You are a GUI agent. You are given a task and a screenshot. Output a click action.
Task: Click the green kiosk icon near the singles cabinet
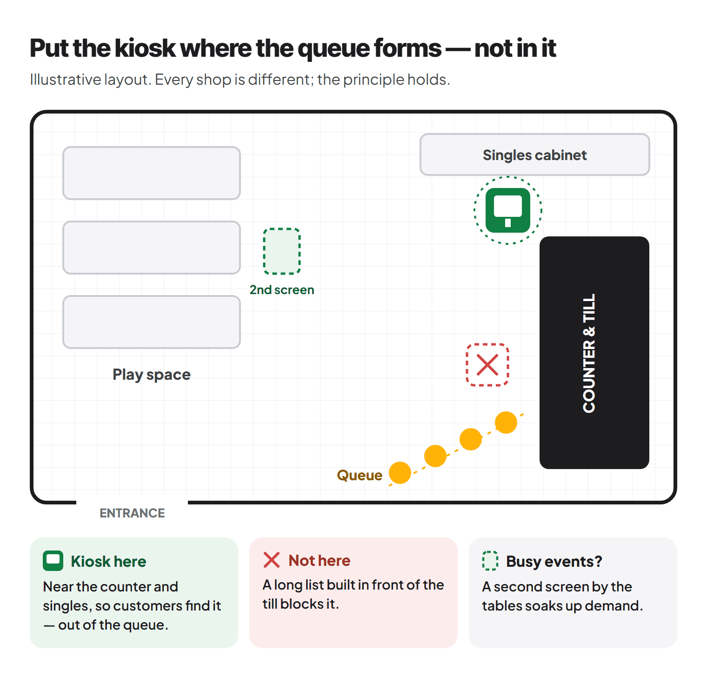point(508,210)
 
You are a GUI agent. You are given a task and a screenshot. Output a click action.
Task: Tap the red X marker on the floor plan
point(487,365)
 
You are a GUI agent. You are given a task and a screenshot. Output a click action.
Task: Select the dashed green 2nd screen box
point(282,251)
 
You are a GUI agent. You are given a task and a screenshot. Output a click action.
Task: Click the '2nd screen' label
point(282,290)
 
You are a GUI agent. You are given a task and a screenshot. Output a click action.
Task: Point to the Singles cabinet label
point(535,155)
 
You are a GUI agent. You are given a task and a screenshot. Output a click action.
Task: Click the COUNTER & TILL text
point(589,353)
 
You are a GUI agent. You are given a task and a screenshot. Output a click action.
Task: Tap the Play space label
point(152,375)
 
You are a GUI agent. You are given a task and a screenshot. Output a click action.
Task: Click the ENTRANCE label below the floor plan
point(132,513)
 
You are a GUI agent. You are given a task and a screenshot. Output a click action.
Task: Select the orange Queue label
point(360,475)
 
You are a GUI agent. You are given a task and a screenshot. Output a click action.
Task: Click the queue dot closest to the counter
point(506,423)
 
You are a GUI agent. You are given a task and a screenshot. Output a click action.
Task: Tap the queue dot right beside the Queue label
point(400,473)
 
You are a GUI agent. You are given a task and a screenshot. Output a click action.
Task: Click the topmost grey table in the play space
point(152,173)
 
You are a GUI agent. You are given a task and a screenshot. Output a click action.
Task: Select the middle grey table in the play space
point(152,248)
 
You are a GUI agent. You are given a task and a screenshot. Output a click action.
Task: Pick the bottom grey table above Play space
point(152,322)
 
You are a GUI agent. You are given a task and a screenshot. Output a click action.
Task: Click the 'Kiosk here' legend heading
point(108,561)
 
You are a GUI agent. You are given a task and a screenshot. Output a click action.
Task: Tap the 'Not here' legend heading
point(320,560)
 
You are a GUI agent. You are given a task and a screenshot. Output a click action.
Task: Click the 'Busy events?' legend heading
point(554,562)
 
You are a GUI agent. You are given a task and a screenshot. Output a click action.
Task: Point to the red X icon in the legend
point(272,560)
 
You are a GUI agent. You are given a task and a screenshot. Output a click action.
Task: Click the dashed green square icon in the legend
point(490,561)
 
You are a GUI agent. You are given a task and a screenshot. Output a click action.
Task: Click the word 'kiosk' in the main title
point(145,48)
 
